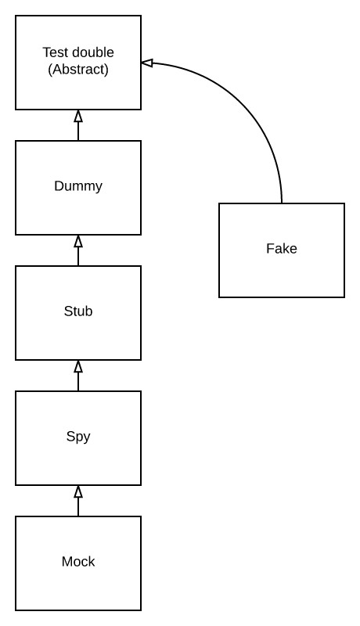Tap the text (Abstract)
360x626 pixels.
78,70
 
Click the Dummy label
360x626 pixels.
78,186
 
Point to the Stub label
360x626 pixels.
78,311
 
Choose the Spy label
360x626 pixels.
78,437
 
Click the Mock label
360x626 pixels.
78,561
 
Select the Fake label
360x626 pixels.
282,248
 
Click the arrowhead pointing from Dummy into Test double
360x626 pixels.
78,116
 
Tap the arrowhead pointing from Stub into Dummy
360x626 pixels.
78,241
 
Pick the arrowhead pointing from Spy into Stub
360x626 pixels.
78,366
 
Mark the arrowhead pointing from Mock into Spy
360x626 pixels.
78,491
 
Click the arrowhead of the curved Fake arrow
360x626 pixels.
147,63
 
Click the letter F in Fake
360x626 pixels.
270,248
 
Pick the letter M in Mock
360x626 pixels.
67,561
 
